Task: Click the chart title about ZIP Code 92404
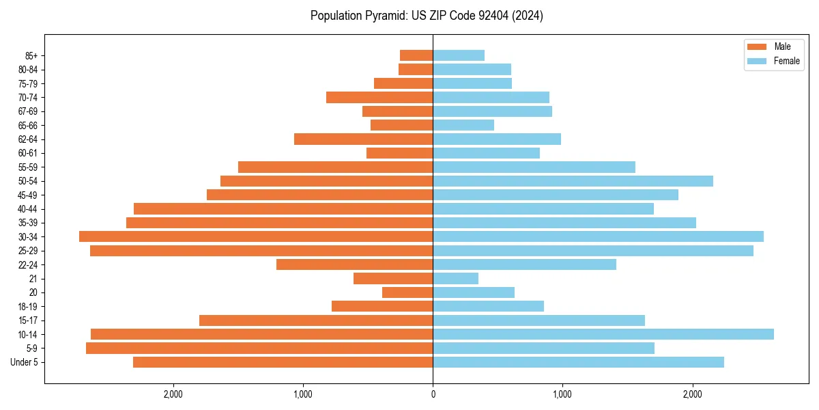click(427, 16)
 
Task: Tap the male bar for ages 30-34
click(256, 236)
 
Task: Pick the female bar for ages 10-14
click(603, 334)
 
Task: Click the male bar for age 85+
click(416, 55)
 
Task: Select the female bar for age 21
click(455, 278)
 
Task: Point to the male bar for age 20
click(407, 292)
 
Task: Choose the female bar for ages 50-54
click(573, 181)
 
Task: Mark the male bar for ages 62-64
click(363, 139)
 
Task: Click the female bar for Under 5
click(578, 362)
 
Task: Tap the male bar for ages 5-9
click(259, 348)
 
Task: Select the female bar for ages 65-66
click(463, 125)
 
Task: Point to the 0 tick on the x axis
click(433, 394)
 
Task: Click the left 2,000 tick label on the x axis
click(173, 394)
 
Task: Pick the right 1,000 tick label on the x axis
click(562, 394)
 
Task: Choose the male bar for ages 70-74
click(379, 97)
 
